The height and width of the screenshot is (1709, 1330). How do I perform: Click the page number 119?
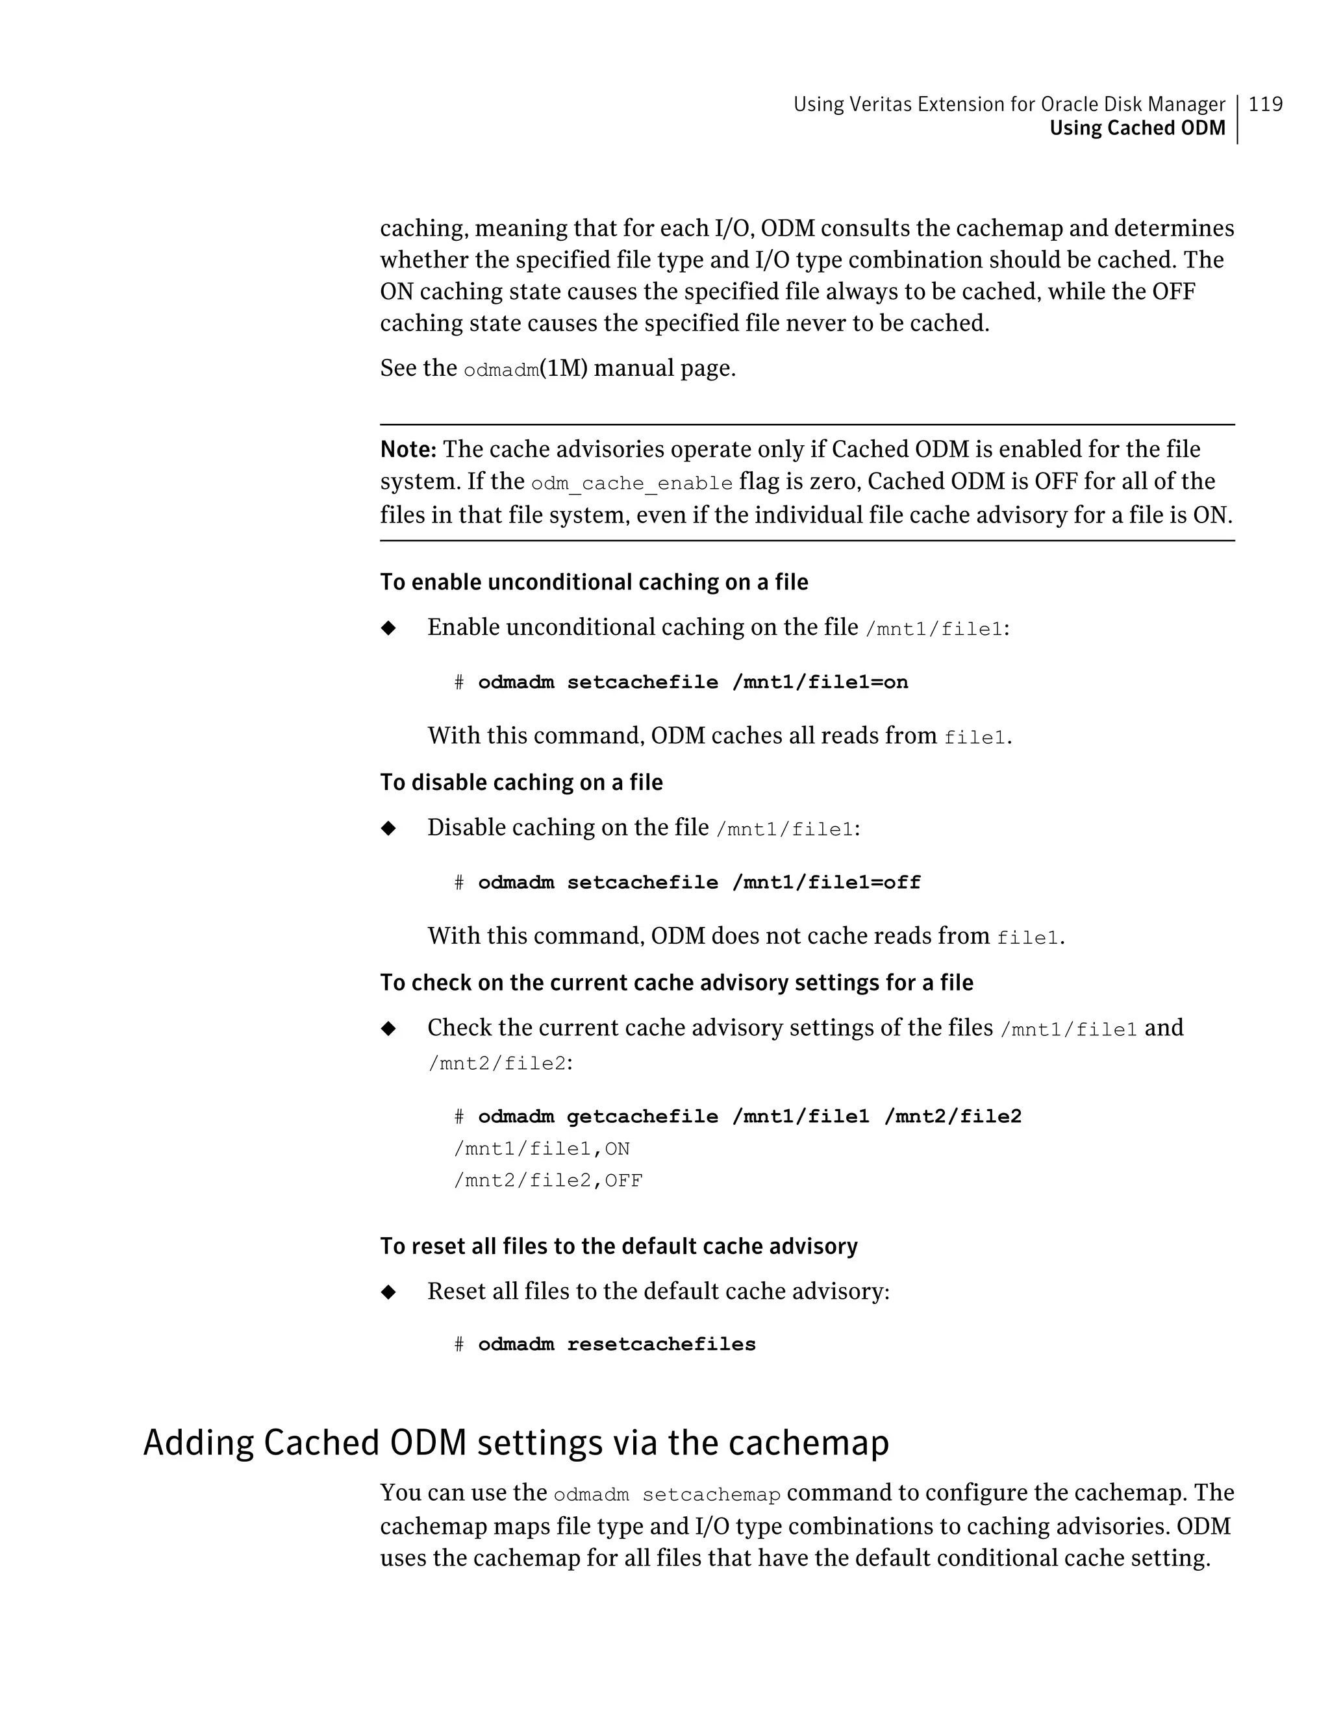[x=1265, y=104]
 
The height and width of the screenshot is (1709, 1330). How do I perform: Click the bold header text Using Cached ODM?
[x=1136, y=129]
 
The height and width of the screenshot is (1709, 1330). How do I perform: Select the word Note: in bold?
[x=408, y=450]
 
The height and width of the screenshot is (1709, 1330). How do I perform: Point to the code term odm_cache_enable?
[x=631, y=484]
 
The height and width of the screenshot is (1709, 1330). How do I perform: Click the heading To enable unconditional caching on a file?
[x=594, y=582]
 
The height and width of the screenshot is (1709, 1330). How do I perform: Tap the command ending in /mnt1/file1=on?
[x=693, y=682]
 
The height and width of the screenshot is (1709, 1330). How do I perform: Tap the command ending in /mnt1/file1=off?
[x=699, y=883]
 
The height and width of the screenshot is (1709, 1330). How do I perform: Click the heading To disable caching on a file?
[x=521, y=783]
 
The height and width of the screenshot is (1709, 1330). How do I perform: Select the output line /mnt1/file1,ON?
[x=542, y=1149]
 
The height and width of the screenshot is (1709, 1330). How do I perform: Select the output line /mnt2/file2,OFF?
[x=548, y=1181]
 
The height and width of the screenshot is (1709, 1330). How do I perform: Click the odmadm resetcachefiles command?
[x=616, y=1344]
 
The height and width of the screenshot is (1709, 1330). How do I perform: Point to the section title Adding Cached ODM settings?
[x=516, y=1443]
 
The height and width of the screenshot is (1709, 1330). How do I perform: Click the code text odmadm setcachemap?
[x=666, y=1495]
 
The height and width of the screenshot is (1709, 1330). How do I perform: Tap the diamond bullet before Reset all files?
[x=388, y=1292]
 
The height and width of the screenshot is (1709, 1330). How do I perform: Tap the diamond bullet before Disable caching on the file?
[x=388, y=828]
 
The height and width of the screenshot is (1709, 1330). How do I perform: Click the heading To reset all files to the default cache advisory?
[x=618, y=1246]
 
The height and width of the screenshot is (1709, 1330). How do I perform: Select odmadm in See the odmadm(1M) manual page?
[x=501, y=370]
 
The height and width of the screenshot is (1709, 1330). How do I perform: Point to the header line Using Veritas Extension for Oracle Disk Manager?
[x=1009, y=104]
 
